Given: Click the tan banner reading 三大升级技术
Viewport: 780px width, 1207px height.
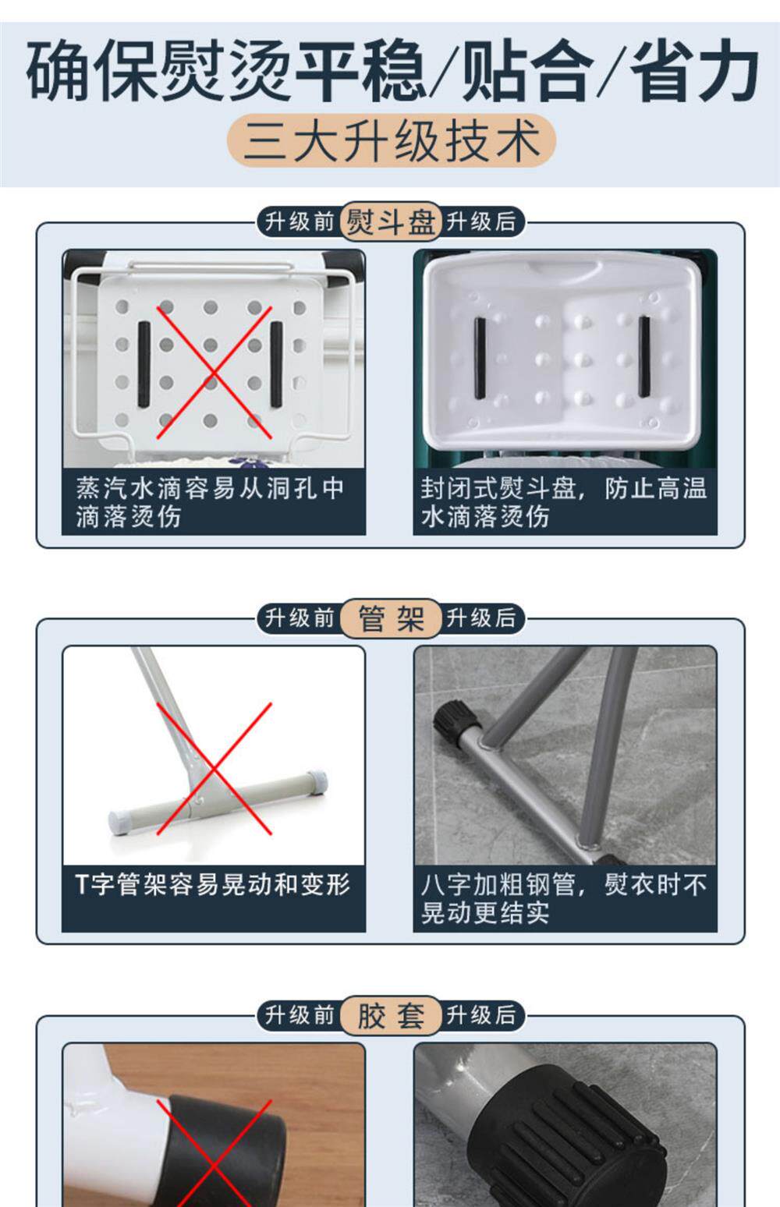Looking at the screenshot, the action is [392, 140].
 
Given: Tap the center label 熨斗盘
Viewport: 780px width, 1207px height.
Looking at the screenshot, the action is [391, 221].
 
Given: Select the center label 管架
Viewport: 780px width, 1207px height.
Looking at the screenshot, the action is [391, 618].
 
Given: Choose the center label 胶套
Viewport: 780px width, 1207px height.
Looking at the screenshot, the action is [391, 1015].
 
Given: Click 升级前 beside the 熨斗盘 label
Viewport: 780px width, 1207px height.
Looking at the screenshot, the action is [300, 221].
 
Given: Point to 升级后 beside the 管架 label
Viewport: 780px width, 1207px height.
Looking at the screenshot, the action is [480, 618].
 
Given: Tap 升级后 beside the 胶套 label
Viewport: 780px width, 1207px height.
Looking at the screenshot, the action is [480, 1015].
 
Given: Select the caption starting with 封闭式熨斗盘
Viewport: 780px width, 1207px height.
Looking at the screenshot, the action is [563, 502].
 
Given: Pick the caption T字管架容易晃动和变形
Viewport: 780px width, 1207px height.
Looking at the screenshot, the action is [213, 884].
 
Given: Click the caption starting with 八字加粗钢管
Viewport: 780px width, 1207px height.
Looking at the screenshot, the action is [563, 898].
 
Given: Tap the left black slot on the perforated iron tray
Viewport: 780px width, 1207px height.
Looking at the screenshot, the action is [144, 364].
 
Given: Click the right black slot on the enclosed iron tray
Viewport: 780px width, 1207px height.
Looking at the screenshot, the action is [643, 356].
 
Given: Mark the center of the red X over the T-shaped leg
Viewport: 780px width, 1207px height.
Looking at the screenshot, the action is [214, 769].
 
